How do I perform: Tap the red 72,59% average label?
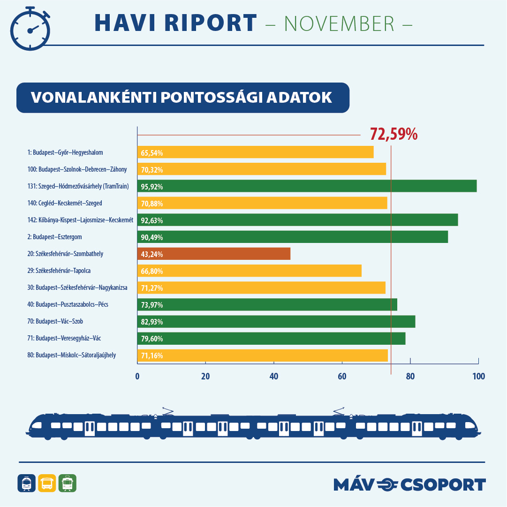(393, 135)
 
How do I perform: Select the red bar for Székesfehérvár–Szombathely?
(214, 254)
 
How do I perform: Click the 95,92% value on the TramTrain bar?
(152, 187)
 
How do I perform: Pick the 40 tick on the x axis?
(273, 376)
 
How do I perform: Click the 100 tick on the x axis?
(478, 376)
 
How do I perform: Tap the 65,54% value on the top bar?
(152, 153)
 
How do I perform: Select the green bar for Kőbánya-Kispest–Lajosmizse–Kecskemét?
(297, 220)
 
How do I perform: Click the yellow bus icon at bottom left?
(47, 483)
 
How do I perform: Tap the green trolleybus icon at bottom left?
(67, 483)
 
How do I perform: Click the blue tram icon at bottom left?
(26, 483)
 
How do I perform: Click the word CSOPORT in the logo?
(443, 484)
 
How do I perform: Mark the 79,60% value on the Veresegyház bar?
(152, 339)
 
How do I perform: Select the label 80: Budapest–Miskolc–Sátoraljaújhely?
(72, 355)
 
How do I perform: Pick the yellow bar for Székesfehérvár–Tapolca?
(249, 271)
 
